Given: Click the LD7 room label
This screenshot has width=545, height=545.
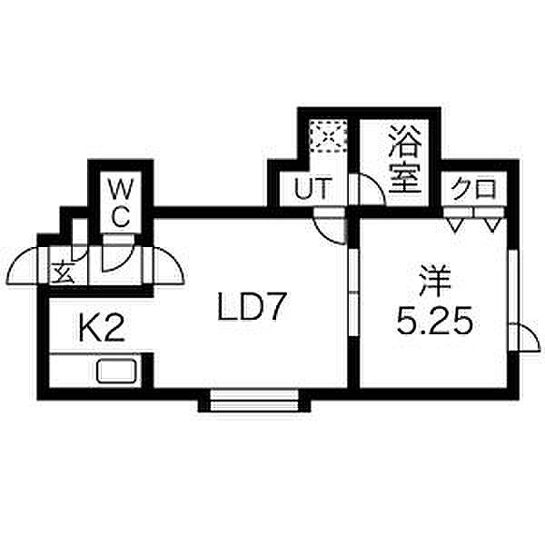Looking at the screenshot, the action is pos(252,307).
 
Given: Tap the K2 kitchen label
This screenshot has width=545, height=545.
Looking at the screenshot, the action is pos(102,328).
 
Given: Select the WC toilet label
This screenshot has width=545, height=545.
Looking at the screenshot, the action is pos(120,203).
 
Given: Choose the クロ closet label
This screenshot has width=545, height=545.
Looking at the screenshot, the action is pos(474,189).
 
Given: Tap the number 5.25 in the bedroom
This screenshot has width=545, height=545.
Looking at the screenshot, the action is pos(434,320).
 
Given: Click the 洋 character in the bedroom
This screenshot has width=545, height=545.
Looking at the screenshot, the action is pos(434,281).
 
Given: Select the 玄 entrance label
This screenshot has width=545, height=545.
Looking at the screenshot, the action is pos(63,272).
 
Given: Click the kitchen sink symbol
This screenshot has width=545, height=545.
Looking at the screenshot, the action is pos(117,372).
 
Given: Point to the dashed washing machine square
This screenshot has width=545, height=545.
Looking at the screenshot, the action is pos(328,136).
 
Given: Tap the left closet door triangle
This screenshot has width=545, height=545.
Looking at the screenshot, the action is pos(456,225).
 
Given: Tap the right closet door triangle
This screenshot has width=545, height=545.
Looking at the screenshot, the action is pos(492,225).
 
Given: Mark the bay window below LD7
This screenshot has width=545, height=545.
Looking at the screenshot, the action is pos(254,401).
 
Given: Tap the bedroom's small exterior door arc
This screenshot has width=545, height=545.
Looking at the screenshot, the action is pos(533,332).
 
